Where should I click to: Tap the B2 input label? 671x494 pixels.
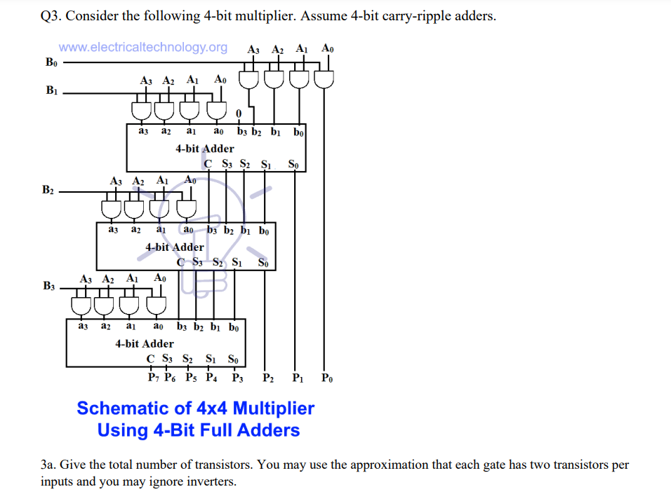click(x=48, y=190)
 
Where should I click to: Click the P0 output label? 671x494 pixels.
click(x=327, y=378)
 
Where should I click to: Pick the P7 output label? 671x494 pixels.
click(x=154, y=378)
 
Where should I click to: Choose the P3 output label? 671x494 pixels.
click(x=237, y=378)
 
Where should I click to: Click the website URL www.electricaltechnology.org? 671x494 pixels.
click(x=143, y=48)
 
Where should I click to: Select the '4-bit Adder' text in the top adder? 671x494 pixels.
click(x=204, y=149)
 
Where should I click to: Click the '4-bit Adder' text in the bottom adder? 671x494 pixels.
click(x=145, y=343)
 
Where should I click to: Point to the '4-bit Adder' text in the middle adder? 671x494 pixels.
click(x=175, y=247)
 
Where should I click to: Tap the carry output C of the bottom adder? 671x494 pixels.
click(x=151, y=359)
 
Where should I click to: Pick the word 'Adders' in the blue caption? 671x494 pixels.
click(x=267, y=430)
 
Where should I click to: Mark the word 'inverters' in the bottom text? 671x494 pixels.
click(x=213, y=481)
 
